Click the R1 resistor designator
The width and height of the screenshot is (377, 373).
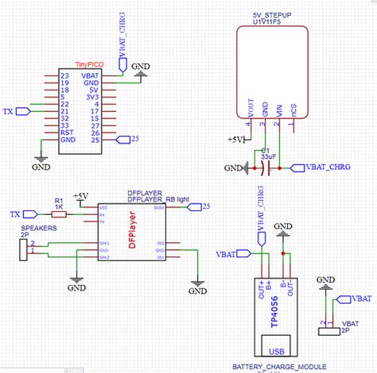(x=57, y=202)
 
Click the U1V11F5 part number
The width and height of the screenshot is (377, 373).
(x=267, y=23)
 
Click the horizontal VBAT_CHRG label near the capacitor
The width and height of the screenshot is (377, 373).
(x=328, y=167)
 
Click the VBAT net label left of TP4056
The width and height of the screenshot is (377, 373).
(x=227, y=255)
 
